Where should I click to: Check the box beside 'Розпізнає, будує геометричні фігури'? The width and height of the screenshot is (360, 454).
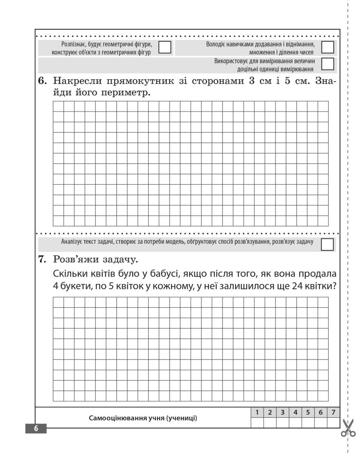point(164,47)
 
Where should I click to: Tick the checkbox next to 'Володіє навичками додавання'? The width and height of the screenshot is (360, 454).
point(327,47)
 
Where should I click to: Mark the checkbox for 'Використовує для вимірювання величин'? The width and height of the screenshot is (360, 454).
point(327,64)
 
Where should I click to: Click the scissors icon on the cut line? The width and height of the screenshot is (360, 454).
point(348,428)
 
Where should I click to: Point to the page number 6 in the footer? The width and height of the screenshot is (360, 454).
point(36,429)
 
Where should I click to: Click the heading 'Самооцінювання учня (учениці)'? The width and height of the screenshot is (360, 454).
point(143,418)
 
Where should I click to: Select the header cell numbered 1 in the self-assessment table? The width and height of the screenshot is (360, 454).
point(257,412)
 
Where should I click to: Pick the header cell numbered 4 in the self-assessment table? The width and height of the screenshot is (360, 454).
point(295,412)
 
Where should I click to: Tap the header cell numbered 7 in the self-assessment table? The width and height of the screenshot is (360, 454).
point(333,412)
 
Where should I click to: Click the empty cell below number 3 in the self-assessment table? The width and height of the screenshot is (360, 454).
point(282,423)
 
